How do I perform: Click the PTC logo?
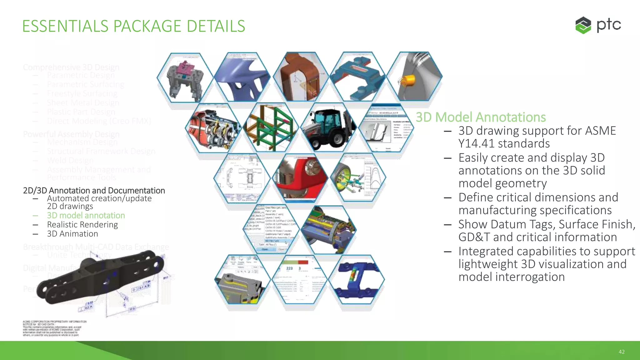click(598, 25)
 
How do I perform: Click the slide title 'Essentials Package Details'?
click(133, 26)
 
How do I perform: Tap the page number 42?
click(621, 352)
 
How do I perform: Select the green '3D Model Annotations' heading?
click(481, 117)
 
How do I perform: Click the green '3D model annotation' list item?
click(86, 215)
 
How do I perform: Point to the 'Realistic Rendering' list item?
click(82, 225)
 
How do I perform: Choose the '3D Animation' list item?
click(72, 234)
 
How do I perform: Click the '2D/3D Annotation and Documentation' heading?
click(94, 190)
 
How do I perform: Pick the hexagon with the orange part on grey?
click(414, 77)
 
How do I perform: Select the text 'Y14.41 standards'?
click(504, 143)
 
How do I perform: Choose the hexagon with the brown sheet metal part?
click(301, 77)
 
